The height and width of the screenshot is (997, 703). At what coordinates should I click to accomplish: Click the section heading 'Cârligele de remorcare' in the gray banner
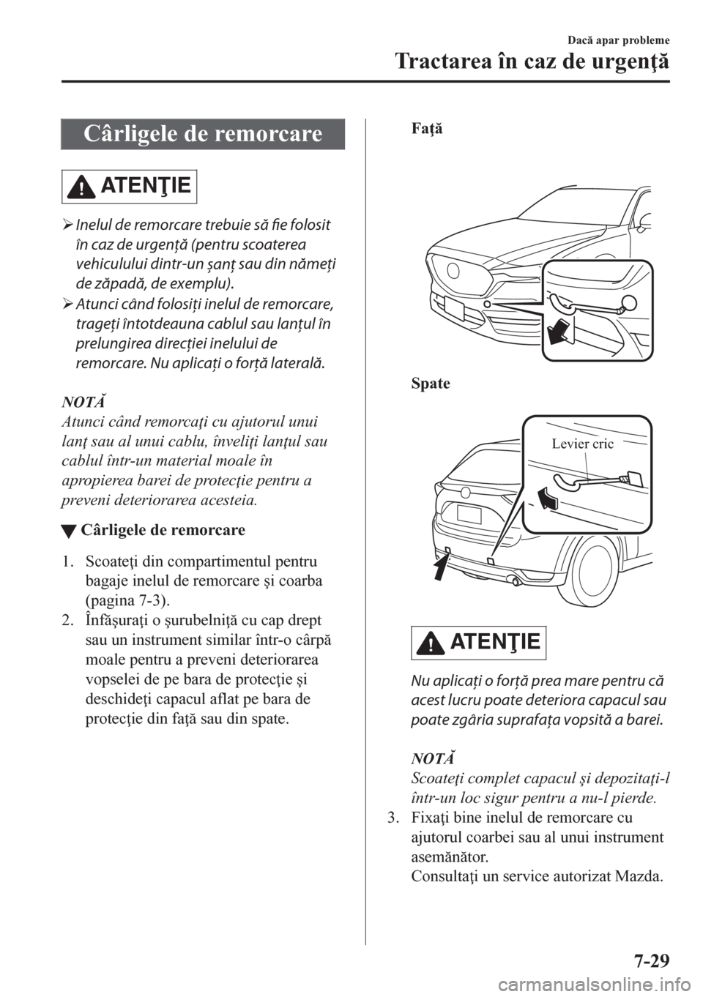[x=203, y=133]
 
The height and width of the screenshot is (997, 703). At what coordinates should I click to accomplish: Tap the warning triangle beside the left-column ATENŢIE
[x=81, y=187]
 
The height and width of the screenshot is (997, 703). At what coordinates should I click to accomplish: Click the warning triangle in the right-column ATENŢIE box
[x=429, y=643]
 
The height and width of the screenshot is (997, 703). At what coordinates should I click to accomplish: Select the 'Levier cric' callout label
[x=582, y=444]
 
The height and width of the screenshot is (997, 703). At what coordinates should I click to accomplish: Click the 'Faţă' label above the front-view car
[x=427, y=130]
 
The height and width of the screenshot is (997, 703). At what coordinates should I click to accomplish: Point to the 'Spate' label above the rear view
[x=431, y=383]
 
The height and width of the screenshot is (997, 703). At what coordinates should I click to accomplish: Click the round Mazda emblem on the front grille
[x=455, y=270]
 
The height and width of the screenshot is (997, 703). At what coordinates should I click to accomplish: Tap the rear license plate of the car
[x=469, y=514]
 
